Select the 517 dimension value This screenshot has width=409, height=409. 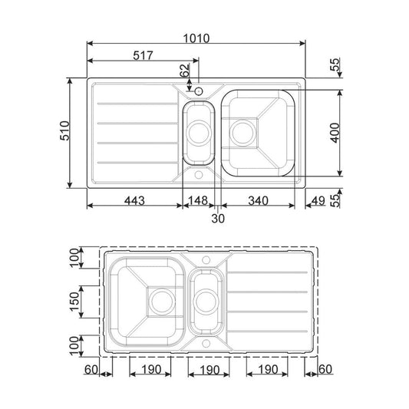click(143, 55)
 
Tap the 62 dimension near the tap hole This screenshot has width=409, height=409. click(183, 71)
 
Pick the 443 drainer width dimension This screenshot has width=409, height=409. click(134, 201)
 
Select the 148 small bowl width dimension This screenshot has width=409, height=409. click(199, 201)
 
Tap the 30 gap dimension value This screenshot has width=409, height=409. click(219, 218)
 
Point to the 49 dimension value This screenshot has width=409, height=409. click(318, 201)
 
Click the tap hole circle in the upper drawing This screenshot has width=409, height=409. click(199, 91)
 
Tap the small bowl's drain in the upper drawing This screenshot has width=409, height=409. click(200, 130)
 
